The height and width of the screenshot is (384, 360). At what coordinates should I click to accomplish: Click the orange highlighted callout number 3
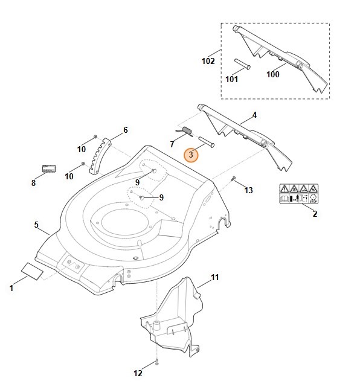coord(191,155)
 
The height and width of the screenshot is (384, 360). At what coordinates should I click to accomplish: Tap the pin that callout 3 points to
coord(207,142)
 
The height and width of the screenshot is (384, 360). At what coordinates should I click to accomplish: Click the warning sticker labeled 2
coord(299,194)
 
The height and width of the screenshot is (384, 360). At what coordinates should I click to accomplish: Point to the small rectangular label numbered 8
coord(49,168)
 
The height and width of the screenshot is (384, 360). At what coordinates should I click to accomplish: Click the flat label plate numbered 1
coord(33,271)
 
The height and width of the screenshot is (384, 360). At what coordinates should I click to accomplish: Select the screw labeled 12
coord(156,362)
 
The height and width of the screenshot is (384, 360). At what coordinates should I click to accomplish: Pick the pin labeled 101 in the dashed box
coord(242,64)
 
